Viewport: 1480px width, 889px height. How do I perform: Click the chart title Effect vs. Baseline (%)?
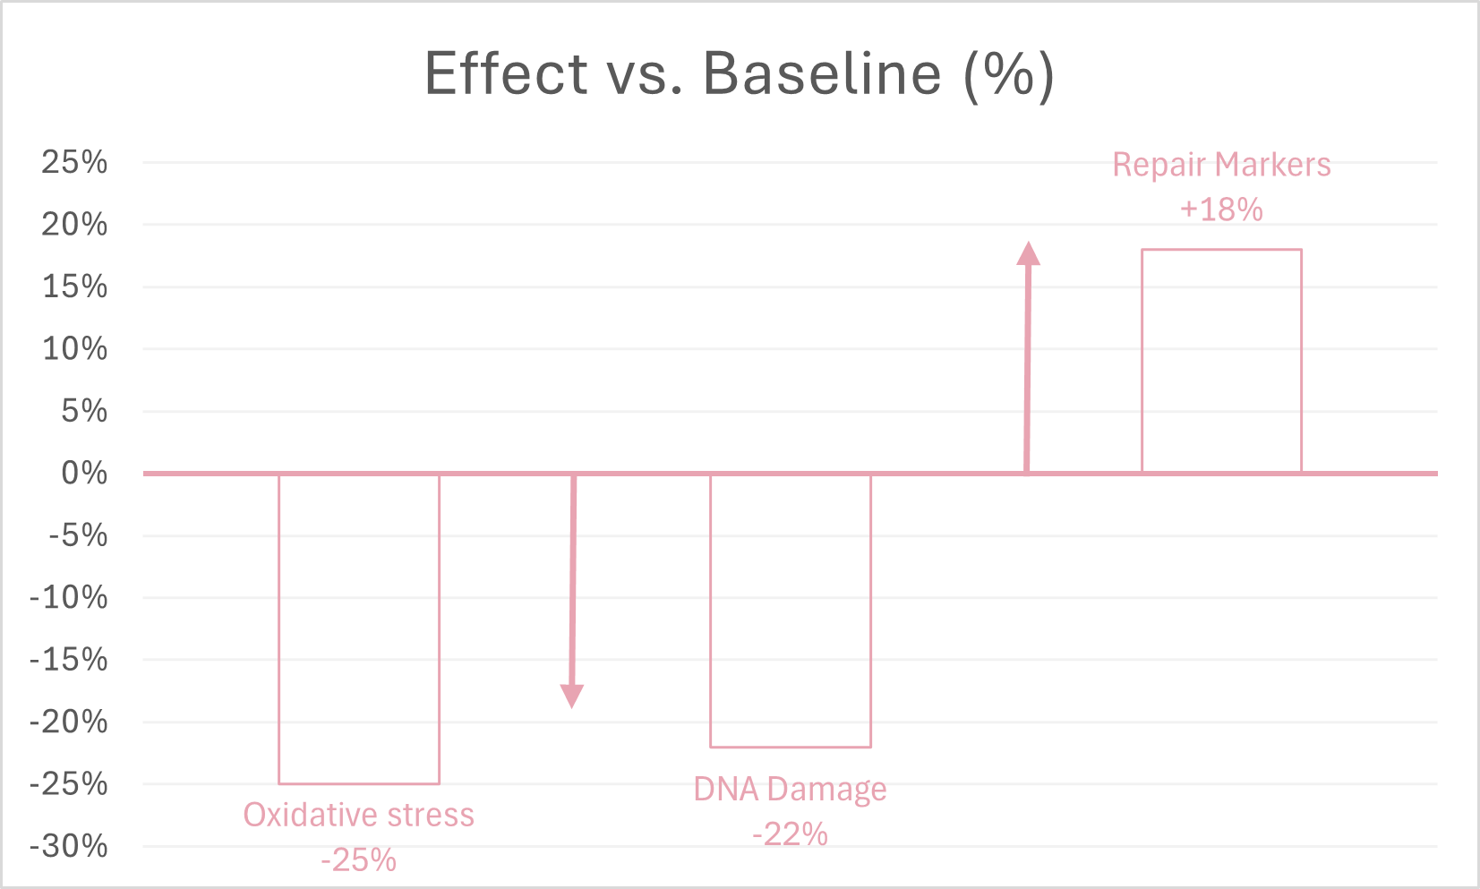click(740, 73)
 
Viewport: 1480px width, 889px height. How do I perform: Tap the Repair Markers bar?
click(1221, 361)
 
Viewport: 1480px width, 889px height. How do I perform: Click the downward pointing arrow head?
click(572, 696)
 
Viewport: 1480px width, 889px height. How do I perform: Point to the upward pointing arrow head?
click(1029, 254)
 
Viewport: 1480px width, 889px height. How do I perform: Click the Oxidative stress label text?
click(359, 816)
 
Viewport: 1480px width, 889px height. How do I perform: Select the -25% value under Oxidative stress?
click(359, 860)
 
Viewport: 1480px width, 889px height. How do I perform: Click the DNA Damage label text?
click(791, 790)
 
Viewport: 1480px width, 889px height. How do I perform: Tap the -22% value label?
click(791, 834)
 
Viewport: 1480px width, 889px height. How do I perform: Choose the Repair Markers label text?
click(1221, 165)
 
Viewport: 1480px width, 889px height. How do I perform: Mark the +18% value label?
click(1221, 209)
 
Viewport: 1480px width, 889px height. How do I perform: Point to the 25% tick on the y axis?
click(74, 162)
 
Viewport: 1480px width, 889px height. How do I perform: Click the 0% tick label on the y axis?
click(84, 473)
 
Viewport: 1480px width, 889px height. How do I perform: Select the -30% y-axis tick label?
click(69, 846)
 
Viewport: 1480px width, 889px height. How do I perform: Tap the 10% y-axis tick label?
click(74, 348)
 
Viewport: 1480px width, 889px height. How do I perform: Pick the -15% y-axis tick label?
click(69, 660)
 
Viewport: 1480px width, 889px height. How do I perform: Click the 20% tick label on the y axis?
click(74, 224)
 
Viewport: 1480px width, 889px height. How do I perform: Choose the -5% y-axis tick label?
click(78, 535)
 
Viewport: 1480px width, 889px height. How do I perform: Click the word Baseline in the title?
click(822, 73)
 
